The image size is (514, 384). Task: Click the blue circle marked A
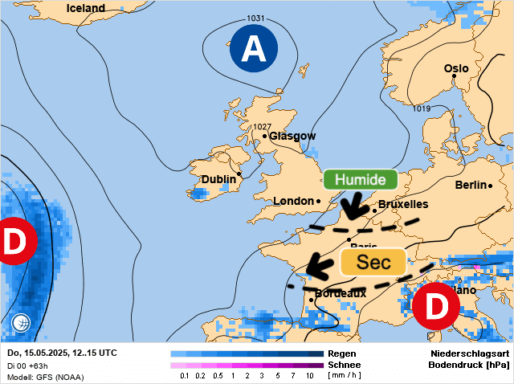tap(254, 50)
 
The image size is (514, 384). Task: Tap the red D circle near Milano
tap(434, 307)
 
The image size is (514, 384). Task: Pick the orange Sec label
tap(373, 262)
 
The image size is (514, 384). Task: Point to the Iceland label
tap(86, 8)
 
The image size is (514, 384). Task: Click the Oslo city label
tap(456, 68)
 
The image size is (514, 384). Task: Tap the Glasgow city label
tap(292, 137)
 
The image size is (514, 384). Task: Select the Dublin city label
tap(218, 179)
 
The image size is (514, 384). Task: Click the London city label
tap(293, 201)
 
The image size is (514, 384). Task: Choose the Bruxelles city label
tap(403, 204)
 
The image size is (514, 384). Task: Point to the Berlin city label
tap(471, 185)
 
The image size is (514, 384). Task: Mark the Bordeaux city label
tap(341, 293)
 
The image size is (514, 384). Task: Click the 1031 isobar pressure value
tap(255, 18)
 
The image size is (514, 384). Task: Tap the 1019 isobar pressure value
tap(421, 108)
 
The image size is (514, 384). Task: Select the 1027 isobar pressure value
tap(262, 127)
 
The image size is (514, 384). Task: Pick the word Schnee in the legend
tap(343, 365)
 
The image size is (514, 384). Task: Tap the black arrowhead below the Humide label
tap(350, 213)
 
